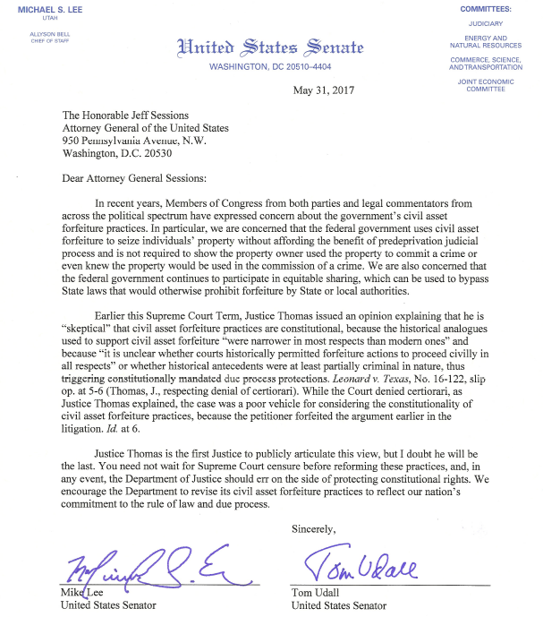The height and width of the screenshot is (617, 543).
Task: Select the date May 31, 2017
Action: pyautogui.click(x=324, y=90)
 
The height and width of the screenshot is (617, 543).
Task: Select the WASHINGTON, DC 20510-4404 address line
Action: pyautogui.click(x=270, y=66)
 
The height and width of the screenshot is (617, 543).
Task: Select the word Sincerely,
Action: pyautogui.click(x=317, y=529)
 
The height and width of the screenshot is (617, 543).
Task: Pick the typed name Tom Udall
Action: pyautogui.click(x=317, y=593)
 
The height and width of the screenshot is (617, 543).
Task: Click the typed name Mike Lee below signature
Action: pyautogui.click(x=80, y=593)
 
